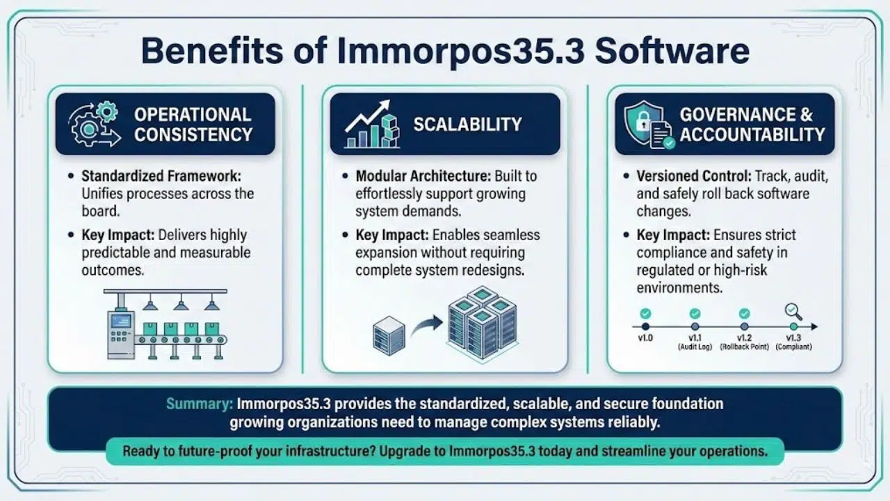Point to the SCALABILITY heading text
coord(467,125)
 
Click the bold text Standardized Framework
coord(161,177)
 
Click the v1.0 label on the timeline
coord(645,337)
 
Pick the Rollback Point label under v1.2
coord(745,347)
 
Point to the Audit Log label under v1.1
coord(695,347)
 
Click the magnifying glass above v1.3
coord(793,311)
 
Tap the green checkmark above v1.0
coord(645,314)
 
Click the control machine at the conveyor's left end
coord(120,334)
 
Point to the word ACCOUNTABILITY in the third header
coord(752,134)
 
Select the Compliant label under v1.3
coord(793,347)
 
